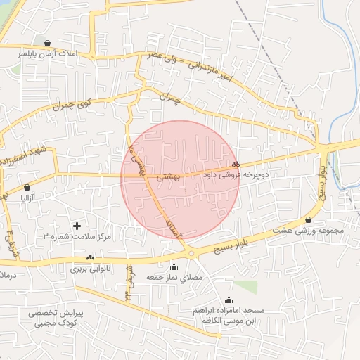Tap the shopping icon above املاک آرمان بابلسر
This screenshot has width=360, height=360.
(x=47, y=43)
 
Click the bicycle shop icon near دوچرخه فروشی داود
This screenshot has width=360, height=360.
(x=235, y=163)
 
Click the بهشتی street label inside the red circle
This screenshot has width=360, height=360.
(x=168, y=178)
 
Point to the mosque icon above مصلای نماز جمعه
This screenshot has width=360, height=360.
(x=174, y=267)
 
